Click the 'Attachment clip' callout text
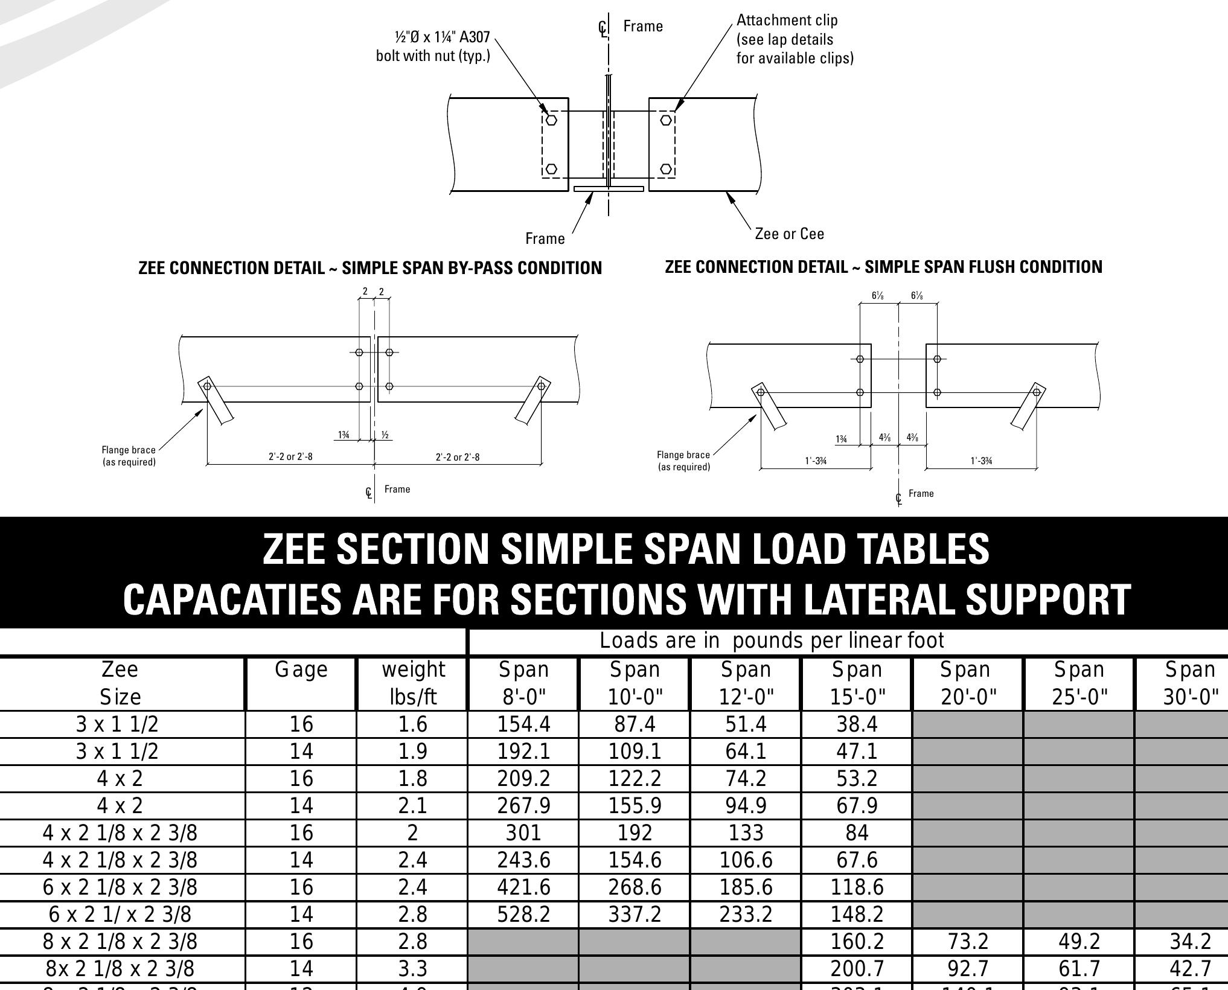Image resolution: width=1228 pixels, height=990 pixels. (787, 21)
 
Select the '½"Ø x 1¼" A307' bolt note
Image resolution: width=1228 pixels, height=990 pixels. (442, 37)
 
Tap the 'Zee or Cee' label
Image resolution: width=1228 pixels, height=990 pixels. (789, 234)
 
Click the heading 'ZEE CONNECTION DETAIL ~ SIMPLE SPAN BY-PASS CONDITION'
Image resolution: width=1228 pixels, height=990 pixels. (370, 268)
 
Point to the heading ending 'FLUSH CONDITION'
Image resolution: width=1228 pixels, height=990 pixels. (883, 267)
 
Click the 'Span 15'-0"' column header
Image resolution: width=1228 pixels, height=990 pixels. (857, 683)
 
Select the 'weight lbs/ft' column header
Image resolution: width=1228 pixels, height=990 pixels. (413, 683)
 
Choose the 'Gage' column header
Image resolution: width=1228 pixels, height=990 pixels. (301, 670)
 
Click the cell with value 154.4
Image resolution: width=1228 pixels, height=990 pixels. (523, 724)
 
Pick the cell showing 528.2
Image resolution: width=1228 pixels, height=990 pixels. (523, 914)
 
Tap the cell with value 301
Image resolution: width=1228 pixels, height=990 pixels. (523, 832)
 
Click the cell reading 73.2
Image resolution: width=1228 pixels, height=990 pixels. (967, 941)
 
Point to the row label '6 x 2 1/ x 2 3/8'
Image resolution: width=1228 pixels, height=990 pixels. (120, 914)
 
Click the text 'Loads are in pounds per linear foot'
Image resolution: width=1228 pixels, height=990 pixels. (772, 640)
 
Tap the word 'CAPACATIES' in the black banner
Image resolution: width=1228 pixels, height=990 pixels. (232, 599)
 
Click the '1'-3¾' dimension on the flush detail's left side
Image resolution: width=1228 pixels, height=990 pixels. (815, 461)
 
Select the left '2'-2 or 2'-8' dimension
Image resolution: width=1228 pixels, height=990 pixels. (290, 457)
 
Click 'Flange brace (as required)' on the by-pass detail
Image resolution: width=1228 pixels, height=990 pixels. (129, 456)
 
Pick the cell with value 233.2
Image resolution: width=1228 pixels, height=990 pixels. (746, 914)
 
